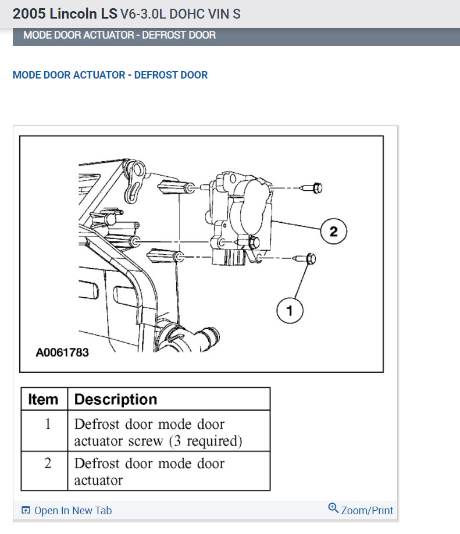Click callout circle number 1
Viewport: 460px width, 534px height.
pyautogui.click(x=290, y=311)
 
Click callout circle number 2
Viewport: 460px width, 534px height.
pyautogui.click(x=333, y=231)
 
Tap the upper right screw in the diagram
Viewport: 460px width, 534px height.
pyautogui.click(x=314, y=188)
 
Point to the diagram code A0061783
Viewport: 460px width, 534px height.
pyautogui.click(x=62, y=353)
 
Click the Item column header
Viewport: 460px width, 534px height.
pyautogui.click(x=44, y=400)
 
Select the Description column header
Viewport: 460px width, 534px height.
pyautogui.click(x=116, y=400)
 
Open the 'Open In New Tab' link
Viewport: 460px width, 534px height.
pyautogui.click(x=73, y=511)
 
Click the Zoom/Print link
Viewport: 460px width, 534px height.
pyautogui.click(x=367, y=511)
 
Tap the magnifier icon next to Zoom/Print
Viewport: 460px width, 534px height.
pyautogui.click(x=333, y=508)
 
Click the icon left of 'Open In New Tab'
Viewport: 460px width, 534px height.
pyautogui.click(x=26, y=511)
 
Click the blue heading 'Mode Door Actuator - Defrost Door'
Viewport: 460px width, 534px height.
pyautogui.click(x=110, y=75)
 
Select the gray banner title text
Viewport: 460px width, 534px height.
pyautogui.click(x=119, y=35)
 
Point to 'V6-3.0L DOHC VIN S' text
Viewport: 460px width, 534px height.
pyautogui.click(x=180, y=14)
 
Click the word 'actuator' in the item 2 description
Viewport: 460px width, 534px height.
pyautogui.click(x=98, y=480)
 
